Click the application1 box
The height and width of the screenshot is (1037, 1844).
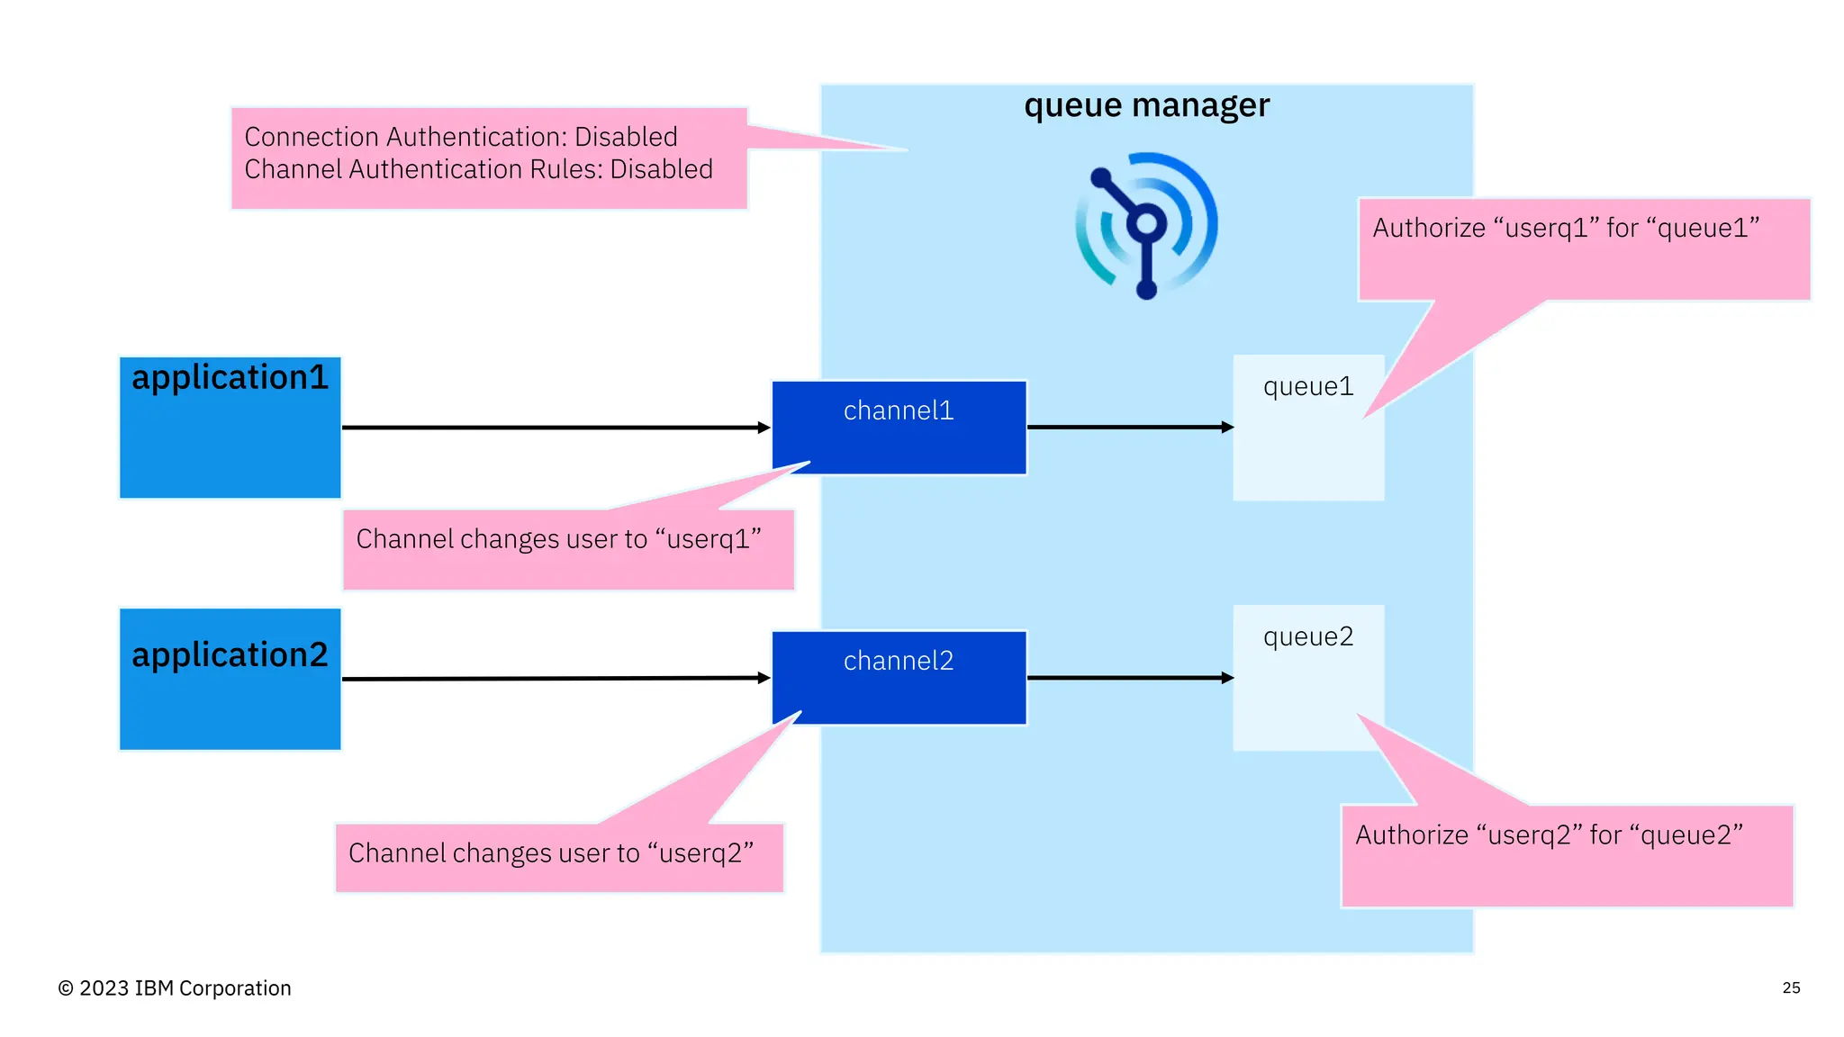pyautogui.click(x=230, y=428)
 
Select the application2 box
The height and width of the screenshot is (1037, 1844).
pyautogui.click(x=230, y=679)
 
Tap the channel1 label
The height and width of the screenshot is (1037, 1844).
pyautogui.click(x=898, y=411)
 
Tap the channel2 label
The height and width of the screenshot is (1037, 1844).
pyautogui.click(x=898, y=662)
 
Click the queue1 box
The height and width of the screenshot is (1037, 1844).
pyautogui.click(x=1307, y=428)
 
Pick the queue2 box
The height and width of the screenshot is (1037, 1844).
pyautogui.click(x=1307, y=677)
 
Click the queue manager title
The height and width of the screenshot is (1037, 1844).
pyautogui.click(x=1146, y=106)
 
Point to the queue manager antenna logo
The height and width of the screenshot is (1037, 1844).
pyautogui.click(x=1145, y=225)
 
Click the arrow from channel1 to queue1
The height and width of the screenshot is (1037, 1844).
pyautogui.click(x=1129, y=427)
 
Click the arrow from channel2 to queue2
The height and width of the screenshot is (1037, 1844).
pyautogui.click(x=1129, y=677)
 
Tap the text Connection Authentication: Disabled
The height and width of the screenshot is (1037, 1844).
pyautogui.click(x=461, y=137)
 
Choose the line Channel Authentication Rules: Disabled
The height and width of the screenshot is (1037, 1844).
pyautogui.click(x=478, y=169)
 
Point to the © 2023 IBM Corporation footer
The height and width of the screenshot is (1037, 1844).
pyautogui.click(x=175, y=988)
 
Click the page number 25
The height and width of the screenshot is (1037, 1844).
pyautogui.click(x=1791, y=987)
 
